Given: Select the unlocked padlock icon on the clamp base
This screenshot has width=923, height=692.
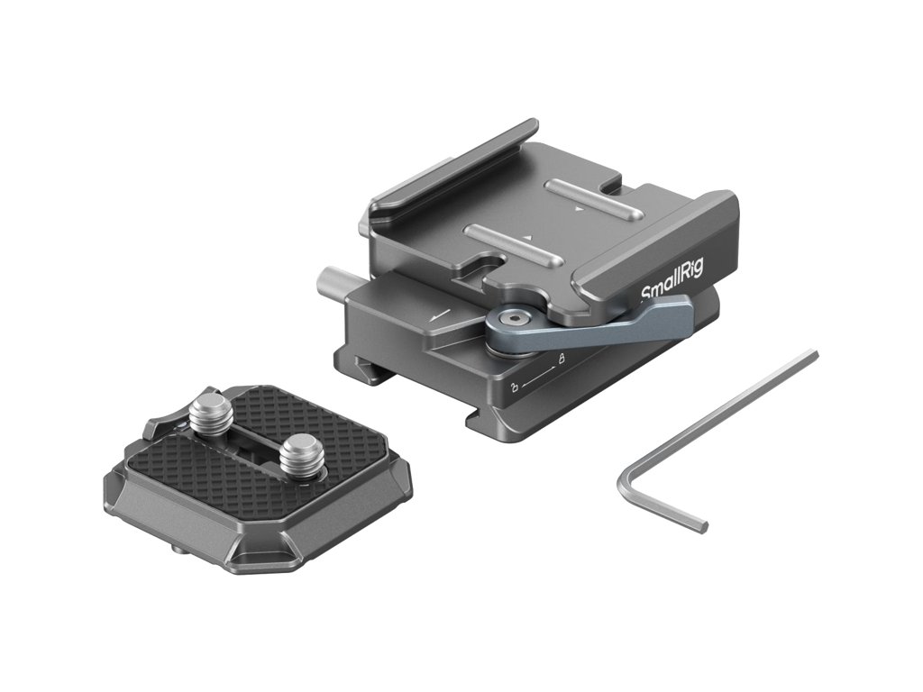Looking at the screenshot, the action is click(x=515, y=387).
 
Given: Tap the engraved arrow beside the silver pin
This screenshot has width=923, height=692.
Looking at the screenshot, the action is click(x=441, y=315).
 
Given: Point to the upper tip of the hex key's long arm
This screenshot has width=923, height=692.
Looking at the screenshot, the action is click(x=813, y=354).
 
